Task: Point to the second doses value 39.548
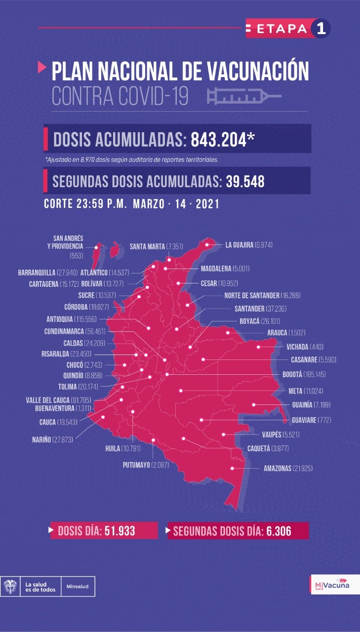(x=245, y=181)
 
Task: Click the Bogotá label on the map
(x=298, y=374)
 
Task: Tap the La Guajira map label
(x=249, y=245)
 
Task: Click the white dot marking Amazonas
(x=232, y=468)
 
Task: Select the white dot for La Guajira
(x=207, y=244)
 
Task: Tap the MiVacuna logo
(x=332, y=585)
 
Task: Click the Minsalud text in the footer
(x=78, y=587)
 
